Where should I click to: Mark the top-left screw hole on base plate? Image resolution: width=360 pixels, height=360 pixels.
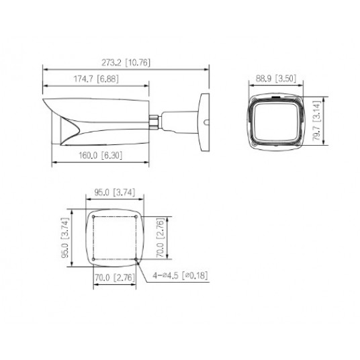click(93, 218)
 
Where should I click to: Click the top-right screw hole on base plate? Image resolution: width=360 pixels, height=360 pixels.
click(136, 218)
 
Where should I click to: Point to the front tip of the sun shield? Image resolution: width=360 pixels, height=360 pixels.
click(44, 101)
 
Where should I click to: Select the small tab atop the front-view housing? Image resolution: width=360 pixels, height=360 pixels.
click(274, 97)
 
